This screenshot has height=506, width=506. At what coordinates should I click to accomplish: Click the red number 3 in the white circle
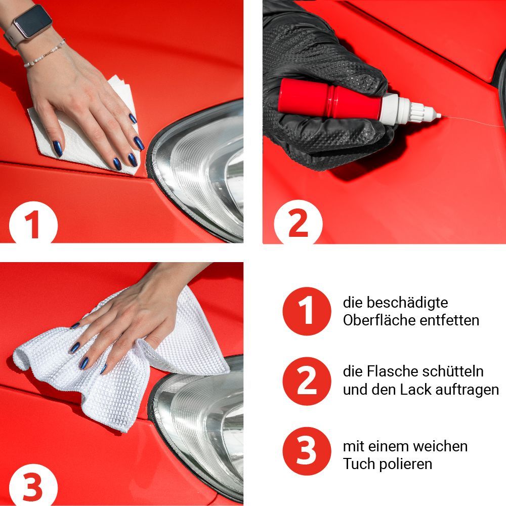click(33, 487)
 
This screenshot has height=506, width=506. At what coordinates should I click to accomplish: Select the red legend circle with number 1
click(307, 311)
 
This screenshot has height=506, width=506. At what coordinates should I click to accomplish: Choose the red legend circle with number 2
click(307, 381)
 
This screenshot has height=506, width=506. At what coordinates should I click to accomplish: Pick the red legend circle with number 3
click(307, 451)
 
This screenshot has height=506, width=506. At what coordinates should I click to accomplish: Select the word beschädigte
click(407, 303)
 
